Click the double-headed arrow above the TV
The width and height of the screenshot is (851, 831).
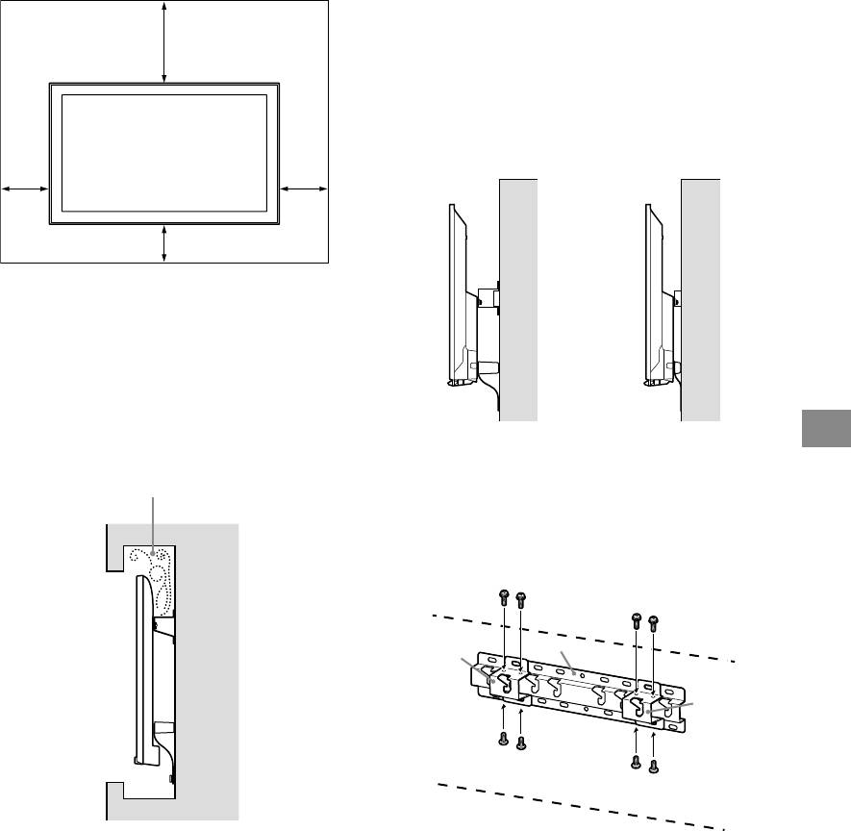[x=165, y=42]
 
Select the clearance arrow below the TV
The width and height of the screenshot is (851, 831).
[x=165, y=243]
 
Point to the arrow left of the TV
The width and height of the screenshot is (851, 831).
[x=25, y=189]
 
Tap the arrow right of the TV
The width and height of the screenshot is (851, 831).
[x=304, y=189]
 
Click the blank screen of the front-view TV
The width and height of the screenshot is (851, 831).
[x=164, y=152]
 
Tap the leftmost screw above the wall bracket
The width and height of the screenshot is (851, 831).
[x=503, y=598]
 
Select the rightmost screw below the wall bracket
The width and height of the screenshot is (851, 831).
[x=654, y=764]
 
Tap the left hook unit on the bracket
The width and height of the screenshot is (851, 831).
[x=501, y=681]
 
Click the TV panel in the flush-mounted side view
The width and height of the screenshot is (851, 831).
[x=649, y=289]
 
